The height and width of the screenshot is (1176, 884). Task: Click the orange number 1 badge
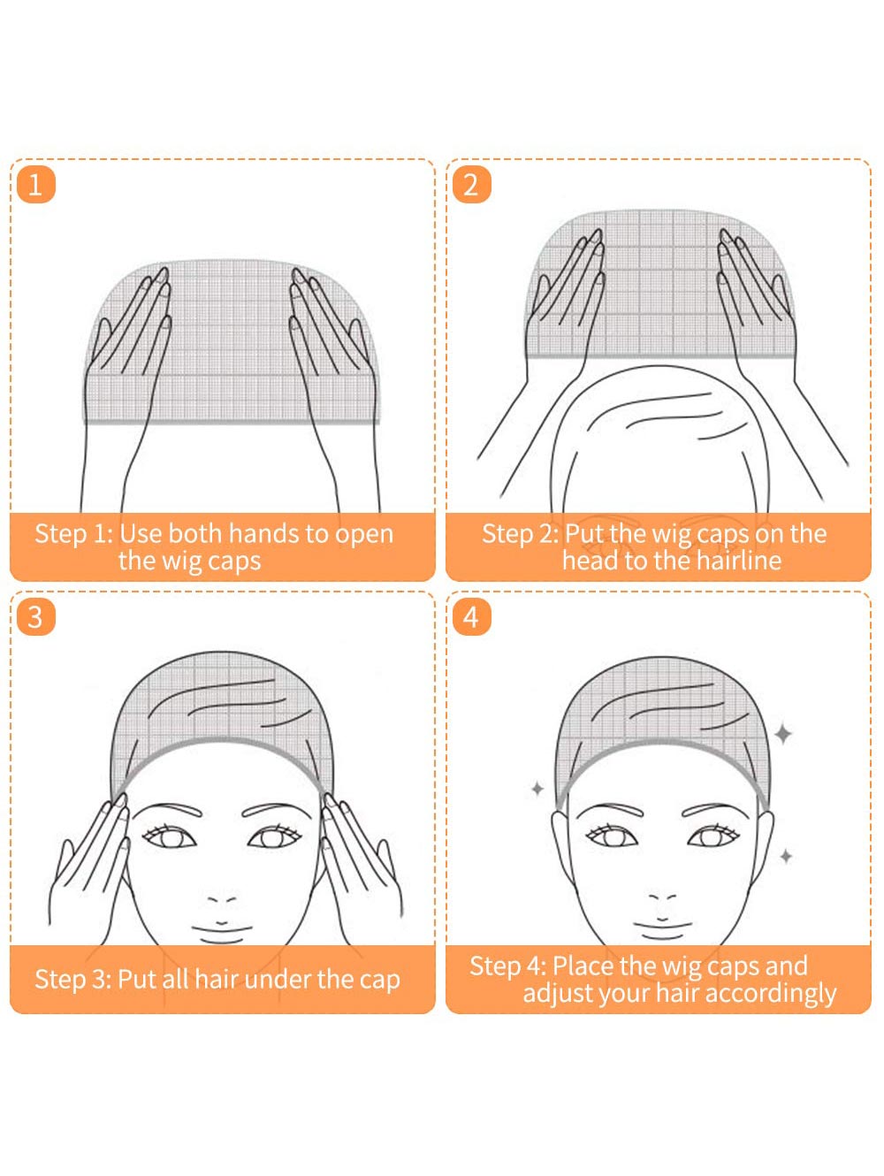[x=36, y=184]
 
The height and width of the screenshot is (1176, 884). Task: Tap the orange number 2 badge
[x=471, y=184]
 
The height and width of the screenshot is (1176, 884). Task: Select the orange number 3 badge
[x=36, y=616]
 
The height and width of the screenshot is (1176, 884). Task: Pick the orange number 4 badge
[x=471, y=616]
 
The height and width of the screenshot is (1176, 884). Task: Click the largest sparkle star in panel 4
[x=783, y=734]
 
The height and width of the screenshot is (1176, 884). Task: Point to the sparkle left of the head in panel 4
[x=537, y=788]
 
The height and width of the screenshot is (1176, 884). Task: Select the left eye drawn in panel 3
[x=169, y=837]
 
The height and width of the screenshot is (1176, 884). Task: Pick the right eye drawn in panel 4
[x=713, y=837]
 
